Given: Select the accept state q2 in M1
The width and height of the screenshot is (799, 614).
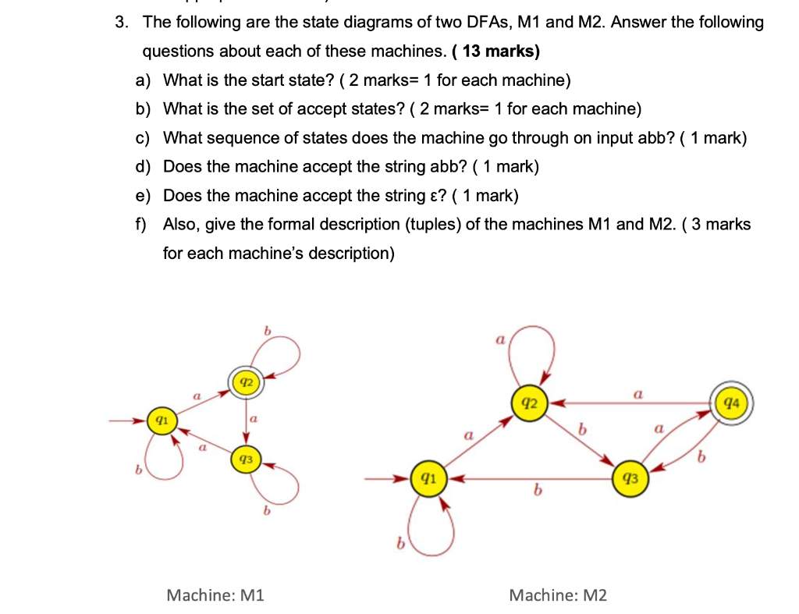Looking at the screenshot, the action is pyautogui.click(x=246, y=382).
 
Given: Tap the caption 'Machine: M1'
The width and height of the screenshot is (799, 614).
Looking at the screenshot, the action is pyautogui.click(x=216, y=595).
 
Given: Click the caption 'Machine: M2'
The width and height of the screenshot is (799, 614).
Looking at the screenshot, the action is pyautogui.click(x=557, y=595).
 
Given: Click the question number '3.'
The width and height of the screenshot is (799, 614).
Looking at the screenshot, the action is pyautogui.click(x=121, y=22).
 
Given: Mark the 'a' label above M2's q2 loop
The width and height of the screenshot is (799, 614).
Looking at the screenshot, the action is pyautogui.click(x=499, y=340).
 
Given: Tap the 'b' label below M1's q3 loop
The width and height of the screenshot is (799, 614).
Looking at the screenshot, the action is pyautogui.click(x=267, y=512).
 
